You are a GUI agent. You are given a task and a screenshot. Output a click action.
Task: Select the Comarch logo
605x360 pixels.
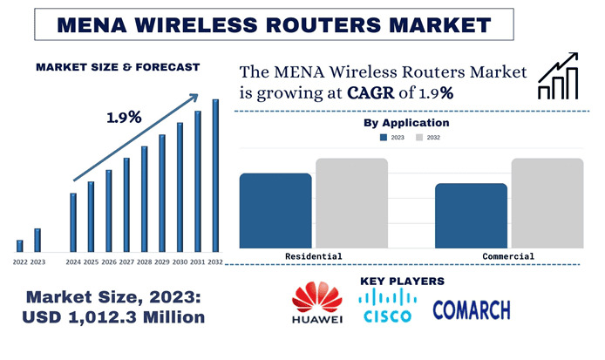pyautogui.click(x=472, y=309)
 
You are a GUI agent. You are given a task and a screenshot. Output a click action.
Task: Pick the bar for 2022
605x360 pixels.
pyautogui.click(x=20, y=245)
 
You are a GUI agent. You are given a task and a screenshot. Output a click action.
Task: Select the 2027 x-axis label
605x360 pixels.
pyautogui.click(x=126, y=262)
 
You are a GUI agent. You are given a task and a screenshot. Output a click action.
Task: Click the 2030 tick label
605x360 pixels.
pyautogui.click(x=180, y=262)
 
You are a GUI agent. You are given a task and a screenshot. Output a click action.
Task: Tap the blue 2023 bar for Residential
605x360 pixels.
pyautogui.click(x=275, y=210)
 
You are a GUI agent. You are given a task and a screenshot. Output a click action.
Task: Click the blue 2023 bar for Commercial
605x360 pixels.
pyautogui.click(x=471, y=215)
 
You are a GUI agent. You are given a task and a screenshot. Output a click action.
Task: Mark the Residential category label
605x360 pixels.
pyautogui.click(x=314, y=256)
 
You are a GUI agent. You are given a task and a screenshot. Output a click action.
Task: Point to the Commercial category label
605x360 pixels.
pyautogui.click(x=508, y=256)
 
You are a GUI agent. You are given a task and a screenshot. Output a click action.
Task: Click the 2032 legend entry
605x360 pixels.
pyautogui.click(x=427, y=138)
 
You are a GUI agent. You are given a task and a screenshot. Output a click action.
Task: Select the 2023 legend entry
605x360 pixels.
pyautogui.click(x=391, y=138)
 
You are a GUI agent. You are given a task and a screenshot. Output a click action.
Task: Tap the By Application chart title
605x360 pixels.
pyautogui.click(x=406, y=123)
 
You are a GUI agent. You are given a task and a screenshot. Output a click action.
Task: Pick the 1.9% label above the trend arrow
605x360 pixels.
pyautogui.click(x=124, y=118)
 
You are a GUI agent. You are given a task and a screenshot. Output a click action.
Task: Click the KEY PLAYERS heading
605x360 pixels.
pyautogui.click(x=402, y=281)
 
